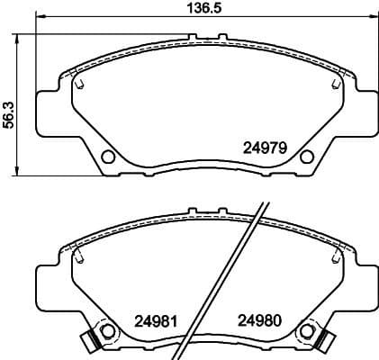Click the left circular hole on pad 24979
pyautogui.click(x=109, y=157)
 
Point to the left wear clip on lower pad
pyautogui.click(x=86, y=341)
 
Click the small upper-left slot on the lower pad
pyautogui.click(x=79, y=258)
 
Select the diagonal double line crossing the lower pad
pyautogui.click(x=225, y=279)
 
